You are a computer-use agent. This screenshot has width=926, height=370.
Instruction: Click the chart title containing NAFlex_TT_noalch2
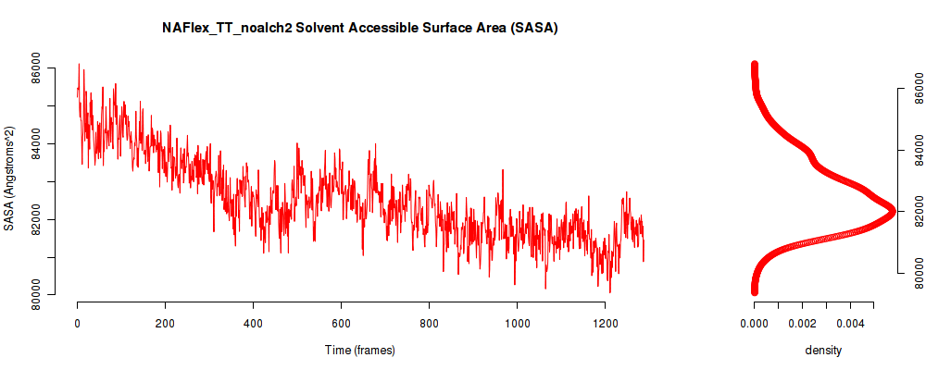point(359,28)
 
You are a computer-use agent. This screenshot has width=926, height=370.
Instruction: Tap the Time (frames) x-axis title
point(359,350)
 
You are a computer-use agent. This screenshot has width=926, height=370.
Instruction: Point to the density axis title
point(822,350)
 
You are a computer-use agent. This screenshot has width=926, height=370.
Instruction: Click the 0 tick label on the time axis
point(78,324)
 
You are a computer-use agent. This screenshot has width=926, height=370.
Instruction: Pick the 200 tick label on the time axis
point(166,324)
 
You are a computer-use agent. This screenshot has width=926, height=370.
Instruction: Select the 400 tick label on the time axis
point(253,324)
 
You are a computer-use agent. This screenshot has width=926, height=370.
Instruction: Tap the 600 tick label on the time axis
point(341,324)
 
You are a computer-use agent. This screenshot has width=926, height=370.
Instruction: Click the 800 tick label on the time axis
point(429,324)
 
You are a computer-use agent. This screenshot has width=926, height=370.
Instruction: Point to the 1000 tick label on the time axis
point(517,324)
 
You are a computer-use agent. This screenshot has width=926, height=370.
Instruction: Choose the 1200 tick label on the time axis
point(605,324)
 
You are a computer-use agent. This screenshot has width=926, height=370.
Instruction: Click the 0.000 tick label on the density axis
point(754,324)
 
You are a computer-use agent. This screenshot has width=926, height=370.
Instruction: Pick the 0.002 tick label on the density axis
point(802,324)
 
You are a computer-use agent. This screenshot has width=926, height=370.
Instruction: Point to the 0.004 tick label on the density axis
point(850,324)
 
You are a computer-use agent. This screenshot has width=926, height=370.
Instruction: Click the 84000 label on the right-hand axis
point(916,150)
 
